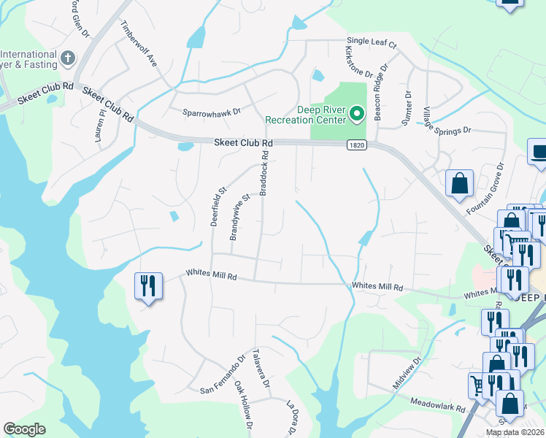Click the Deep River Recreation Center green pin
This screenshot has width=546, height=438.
pyautogui.click(x=357, y=113)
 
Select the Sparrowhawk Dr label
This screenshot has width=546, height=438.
pyautogui.click(x=212, y=110)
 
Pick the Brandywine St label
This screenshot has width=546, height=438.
pyautogui.click(x=240, y=217)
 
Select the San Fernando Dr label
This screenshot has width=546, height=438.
pyautogui.click(x=223, y=377)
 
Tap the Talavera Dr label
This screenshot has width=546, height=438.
pyautogui.click(x=261, y=369)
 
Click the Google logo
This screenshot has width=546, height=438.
pyautogui.click(x=25, y=429)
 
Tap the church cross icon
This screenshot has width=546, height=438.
pyautogui.click(x=68, y=57)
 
